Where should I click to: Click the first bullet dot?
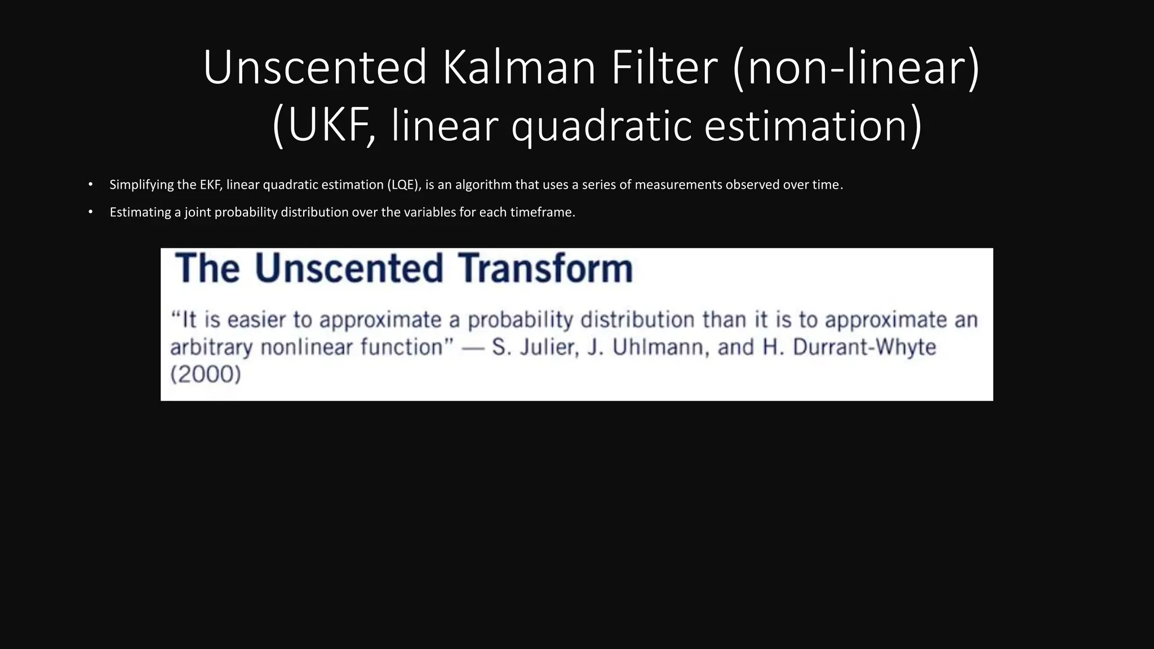click(90, 184)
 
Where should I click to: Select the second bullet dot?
click(90, 212)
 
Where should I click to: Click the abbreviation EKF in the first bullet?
click(211, 185)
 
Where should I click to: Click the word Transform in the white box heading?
click(545, 268)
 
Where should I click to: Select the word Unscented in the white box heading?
click(349, 268)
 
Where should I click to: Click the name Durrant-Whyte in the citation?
click(864, 347)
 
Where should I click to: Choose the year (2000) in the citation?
click(206, 374)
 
